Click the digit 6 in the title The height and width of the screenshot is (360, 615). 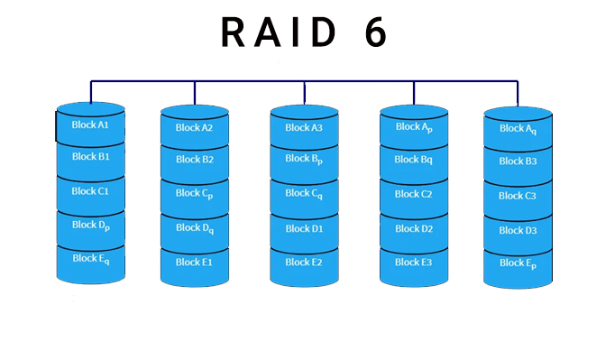coord(375,32)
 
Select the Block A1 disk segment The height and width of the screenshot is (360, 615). coord(90,125)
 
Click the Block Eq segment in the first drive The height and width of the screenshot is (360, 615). coord(90,259)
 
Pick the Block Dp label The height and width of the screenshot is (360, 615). coord(90,226)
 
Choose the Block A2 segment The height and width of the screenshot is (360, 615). coord(195,128)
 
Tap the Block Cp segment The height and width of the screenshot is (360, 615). coord(195,194)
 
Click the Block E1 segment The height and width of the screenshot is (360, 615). coord(195,263)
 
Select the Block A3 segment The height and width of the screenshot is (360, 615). coord(304,128)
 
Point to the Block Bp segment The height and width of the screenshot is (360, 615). coord(304,160)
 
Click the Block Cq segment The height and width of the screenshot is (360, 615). coord(304,194)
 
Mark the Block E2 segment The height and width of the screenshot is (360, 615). coord(304,263)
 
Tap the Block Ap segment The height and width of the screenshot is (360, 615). coord(414,127)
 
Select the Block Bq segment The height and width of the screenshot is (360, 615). coord(414,160)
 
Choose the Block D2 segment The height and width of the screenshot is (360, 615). coord(414,229)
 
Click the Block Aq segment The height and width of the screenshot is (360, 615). coord(518,129)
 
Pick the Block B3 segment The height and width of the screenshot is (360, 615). coord(518,162)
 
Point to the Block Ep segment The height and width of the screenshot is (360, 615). coord(518,263)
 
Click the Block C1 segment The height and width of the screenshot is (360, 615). coord(90,191)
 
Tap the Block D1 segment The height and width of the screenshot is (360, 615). coord(304,229)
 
